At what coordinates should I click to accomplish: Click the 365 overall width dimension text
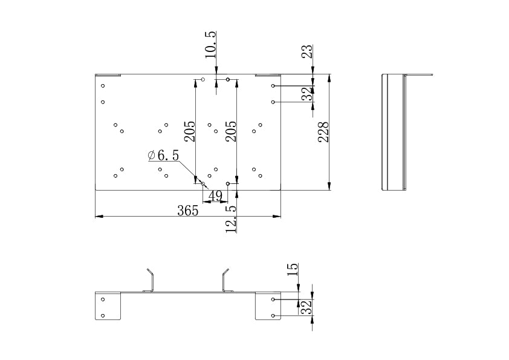[187, 211]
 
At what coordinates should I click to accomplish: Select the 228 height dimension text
[323, 132]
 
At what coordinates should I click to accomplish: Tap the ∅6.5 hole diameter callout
[163, 155]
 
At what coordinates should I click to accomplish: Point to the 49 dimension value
[215, 195]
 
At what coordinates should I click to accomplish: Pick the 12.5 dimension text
[230, 218]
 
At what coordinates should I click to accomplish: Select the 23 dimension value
[307, 51]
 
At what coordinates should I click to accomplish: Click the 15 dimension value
[293, 269]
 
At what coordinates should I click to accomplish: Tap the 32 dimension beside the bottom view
[306, 307]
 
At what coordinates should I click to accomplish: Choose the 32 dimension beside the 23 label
[308, 94]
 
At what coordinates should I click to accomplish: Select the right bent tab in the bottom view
[225, 279]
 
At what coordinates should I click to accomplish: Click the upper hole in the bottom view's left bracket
[103, 299]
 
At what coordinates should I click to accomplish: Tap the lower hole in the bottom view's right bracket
[273, 316]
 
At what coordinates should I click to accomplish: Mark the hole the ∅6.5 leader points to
[203, 183]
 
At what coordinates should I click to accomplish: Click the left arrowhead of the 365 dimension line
[99, 216]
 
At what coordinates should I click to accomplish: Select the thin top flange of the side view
[419, 75]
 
